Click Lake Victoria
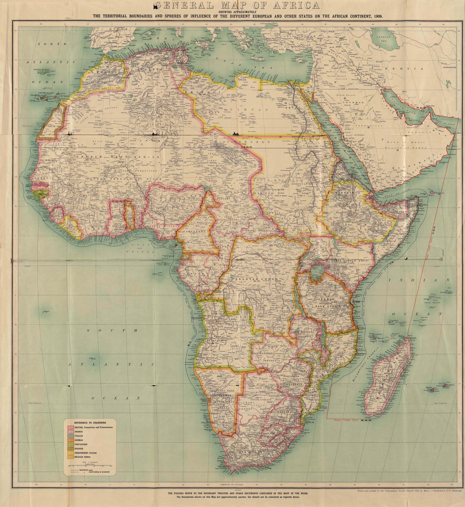(317, 271)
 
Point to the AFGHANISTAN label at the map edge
(452, 67)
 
